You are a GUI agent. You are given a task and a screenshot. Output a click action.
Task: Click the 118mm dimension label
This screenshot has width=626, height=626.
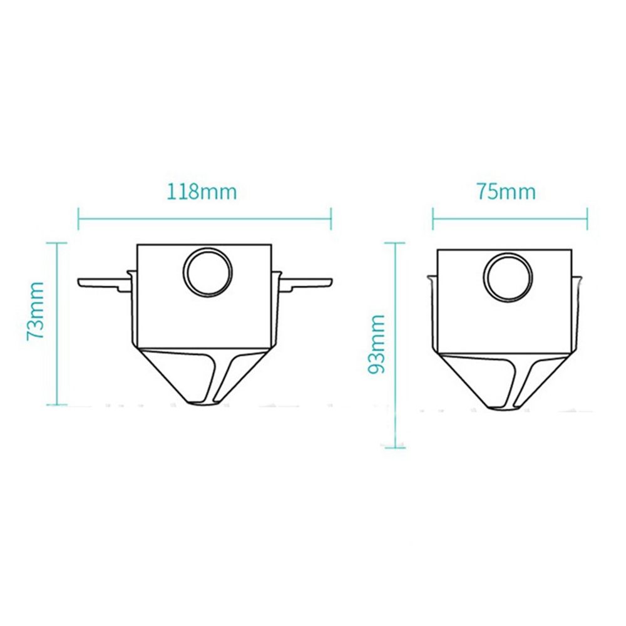202,191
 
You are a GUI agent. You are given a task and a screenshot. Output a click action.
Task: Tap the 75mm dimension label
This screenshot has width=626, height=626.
505,191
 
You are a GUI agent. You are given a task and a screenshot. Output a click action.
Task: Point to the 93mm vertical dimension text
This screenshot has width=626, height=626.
376,344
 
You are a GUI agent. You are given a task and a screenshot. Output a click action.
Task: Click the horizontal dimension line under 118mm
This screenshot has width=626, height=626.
204,219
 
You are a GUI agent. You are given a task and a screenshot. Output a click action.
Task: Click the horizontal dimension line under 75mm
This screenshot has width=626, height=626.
510,219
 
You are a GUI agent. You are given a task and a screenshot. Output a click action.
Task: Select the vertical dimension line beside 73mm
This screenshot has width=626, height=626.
57,326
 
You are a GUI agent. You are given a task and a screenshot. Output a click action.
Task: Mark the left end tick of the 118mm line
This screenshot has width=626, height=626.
78,219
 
